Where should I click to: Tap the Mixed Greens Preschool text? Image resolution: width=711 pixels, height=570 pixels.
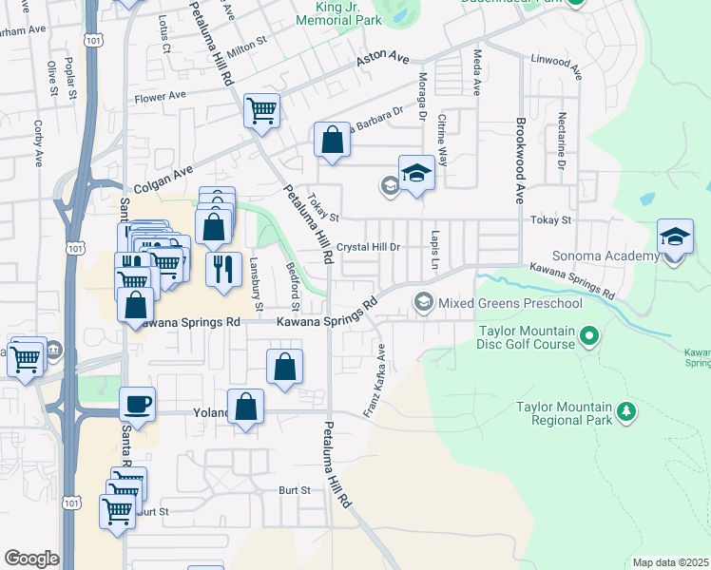coord(509,303)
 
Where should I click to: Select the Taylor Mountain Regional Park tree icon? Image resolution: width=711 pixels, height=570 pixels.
coord(625,411)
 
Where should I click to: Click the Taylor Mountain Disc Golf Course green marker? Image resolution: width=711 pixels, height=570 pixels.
coord(589,335)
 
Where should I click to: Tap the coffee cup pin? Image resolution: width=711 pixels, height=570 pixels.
coord(138,404)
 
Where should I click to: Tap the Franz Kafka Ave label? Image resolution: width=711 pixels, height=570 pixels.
coord(376,380)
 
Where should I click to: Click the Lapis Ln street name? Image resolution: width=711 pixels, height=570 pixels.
coord(434,246)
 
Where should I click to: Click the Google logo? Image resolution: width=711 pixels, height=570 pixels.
coord(30,559)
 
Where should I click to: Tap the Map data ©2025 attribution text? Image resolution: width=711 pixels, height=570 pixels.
coord(669,562)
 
